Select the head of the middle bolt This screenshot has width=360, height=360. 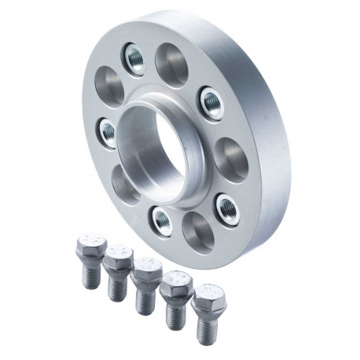click(x=146, y=273)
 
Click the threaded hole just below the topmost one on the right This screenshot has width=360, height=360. click(x=211, y=99)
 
